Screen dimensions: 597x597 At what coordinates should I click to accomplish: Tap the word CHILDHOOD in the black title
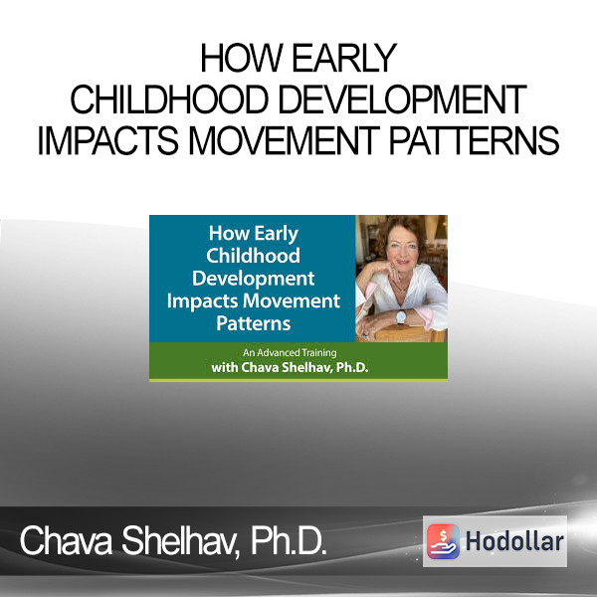[x=169, y=99]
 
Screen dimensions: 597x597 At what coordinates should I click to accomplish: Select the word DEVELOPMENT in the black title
[x=403, y=99]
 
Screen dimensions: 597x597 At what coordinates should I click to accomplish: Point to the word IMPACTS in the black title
[x=108, y=141]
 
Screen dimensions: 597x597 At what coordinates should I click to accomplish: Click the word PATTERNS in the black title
[x=474, y=141]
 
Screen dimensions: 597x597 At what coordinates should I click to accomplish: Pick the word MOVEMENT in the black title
[x=284, y=141]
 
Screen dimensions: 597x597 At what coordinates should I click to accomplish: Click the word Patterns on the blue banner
[x=253, y=323]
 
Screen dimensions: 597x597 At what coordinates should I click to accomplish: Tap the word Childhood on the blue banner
[x=253, y=255]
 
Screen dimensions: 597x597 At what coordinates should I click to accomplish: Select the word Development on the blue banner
[x=253, y=279]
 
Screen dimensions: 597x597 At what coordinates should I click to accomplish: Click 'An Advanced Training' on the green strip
[x=290, y=353]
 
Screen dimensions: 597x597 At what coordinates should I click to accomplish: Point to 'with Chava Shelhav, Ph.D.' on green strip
[x=290, y=368]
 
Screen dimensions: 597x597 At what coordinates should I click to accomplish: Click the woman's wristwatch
[x=401, y=316]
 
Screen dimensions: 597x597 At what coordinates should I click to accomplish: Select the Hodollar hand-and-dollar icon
[x=443, y=541]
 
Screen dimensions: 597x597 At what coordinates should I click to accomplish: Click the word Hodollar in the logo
[x=514, y=541]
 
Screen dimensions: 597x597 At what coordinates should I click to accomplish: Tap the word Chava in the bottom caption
[x=66, y=541]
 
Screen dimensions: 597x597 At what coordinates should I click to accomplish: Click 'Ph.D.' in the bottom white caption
[x=289, y=541]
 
